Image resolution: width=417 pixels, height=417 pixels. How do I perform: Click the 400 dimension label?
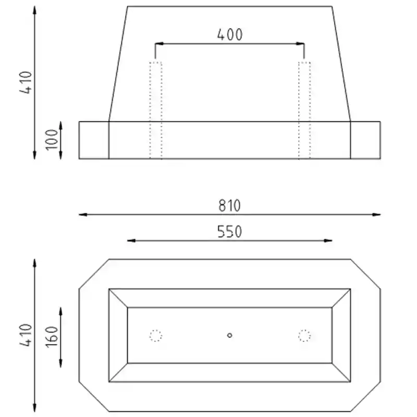230,34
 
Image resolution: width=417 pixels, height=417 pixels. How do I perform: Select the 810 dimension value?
229,205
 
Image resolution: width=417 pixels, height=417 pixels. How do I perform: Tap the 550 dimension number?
230,231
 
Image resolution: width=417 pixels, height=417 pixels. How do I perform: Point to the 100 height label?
51,140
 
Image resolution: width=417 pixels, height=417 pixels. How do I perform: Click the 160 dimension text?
51,337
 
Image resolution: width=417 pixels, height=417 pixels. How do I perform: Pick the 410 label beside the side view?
26,82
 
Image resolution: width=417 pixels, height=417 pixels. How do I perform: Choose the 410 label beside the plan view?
26,335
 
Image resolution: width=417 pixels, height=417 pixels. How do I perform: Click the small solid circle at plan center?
229,335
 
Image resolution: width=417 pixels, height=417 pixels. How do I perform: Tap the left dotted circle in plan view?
155,336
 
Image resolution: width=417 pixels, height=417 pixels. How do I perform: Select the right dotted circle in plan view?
304,336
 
